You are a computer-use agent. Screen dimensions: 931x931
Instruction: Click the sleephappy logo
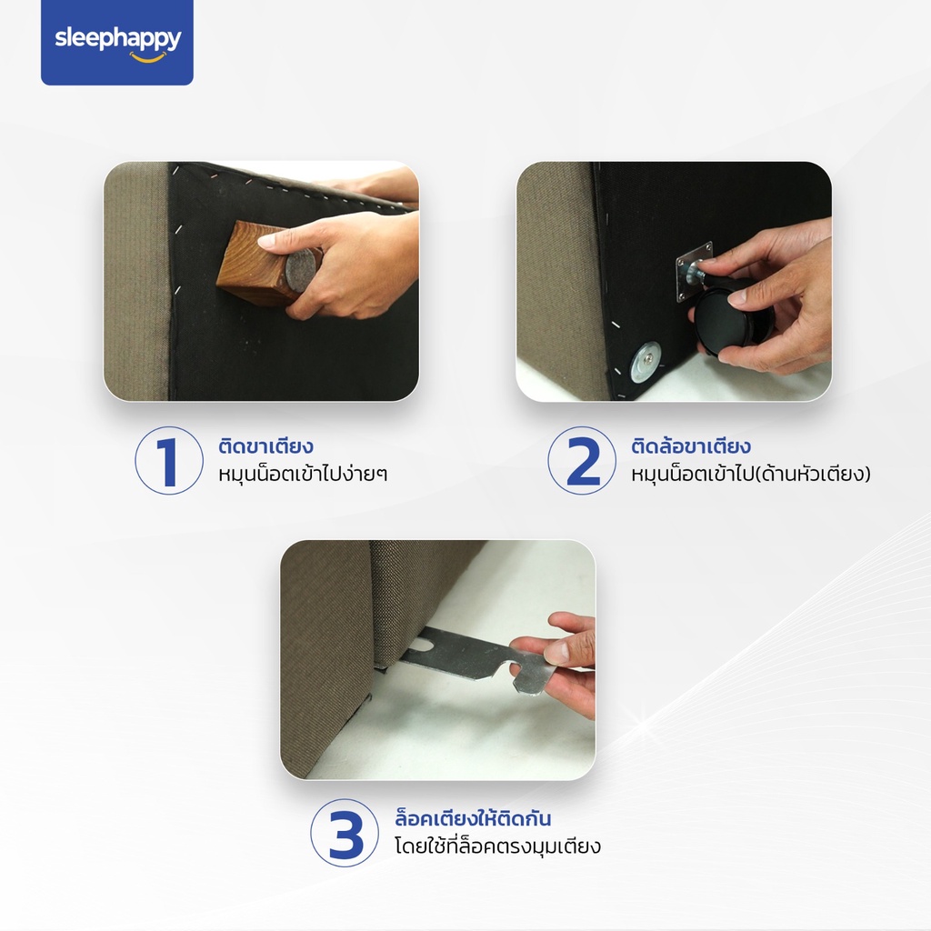pos(117,42)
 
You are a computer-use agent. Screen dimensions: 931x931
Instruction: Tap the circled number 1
pos(168,460)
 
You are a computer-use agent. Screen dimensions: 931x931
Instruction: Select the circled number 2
pos(582,460)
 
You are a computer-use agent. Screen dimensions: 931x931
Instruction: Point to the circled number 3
pos(345,833)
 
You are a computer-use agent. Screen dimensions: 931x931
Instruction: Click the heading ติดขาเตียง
pos(266,445)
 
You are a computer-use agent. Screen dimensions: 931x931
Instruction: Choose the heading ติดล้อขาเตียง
pos(691,445)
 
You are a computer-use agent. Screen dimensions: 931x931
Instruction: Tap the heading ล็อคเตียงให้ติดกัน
pos(473,818)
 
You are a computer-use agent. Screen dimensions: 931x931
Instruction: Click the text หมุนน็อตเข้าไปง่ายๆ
pos(303,474)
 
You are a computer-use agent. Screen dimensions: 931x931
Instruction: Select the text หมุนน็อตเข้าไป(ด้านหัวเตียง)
pos(750,474)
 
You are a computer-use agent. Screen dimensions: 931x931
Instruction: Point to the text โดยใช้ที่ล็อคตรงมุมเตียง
pos(497,846)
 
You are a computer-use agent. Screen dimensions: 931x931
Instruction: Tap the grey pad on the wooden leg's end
pos(301,270)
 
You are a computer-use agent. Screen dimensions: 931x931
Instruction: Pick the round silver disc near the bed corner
pos(646,362)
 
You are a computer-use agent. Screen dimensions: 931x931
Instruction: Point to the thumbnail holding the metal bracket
pos(437,660)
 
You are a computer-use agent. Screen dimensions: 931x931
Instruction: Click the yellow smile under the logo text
pos(148,58)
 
